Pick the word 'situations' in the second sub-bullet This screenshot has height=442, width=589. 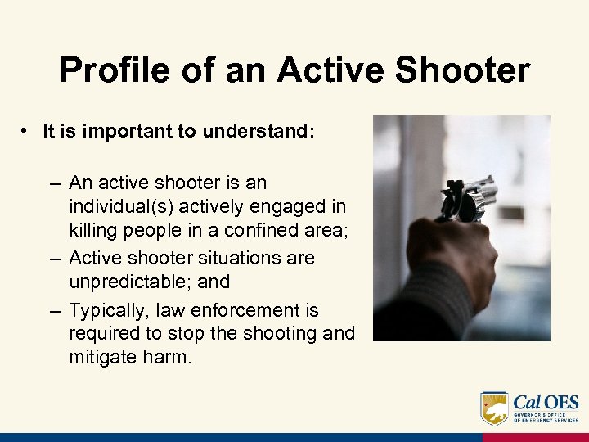point(241,258)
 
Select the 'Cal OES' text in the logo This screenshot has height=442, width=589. point(546,403)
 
